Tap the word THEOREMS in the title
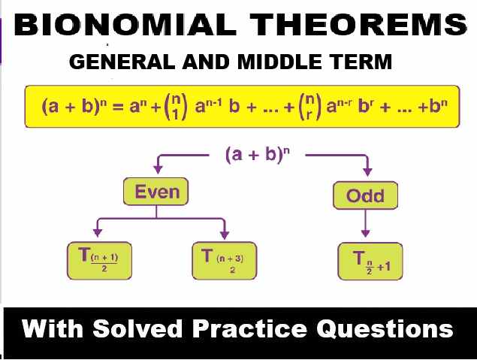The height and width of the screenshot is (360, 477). (x=352, y=26)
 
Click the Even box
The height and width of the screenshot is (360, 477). (x=156, y=192)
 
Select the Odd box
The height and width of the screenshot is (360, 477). (x=365, y=196)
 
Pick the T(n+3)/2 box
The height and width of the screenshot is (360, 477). (x=224, y=260)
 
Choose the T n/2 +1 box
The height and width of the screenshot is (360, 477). (x=370, y=261)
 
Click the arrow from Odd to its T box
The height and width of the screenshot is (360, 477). (x=366, y=224)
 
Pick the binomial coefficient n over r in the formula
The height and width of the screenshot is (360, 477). (x=320, y=107)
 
